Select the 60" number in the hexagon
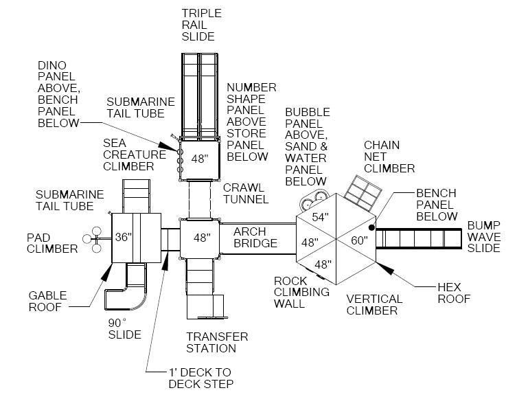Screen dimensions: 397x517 (359, 240)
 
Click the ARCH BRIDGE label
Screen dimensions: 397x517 (255, 238)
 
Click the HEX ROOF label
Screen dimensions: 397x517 (455, 292)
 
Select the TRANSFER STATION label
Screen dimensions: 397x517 (217, 343)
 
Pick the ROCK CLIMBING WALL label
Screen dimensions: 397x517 (301, 292)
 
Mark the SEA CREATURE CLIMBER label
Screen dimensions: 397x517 (135, 155)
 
